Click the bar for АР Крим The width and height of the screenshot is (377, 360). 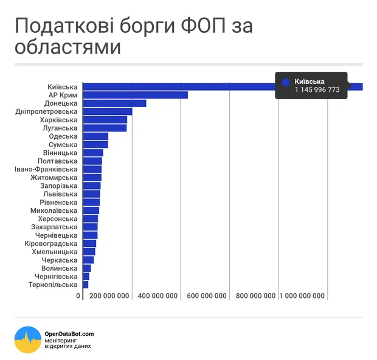pyautogui.click(x=135, y=95)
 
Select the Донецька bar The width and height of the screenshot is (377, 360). pyautogui.click(x=114, y=103)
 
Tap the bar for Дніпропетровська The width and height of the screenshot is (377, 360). pyautogui.click(x=107, y=111)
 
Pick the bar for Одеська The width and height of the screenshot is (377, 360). pyautogui.click(x=95, y=136)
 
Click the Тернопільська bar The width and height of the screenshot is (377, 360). pyautogui.click(x=85, y=285)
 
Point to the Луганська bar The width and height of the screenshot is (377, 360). pyautogui.click(x=105, y=128)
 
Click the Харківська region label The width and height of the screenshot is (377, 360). pyautogui.click(x=59, y=120)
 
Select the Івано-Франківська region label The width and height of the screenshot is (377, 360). pyautogui.click(x=46, y=169)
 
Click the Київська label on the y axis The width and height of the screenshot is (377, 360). pyautogui.click(x=61, y=87)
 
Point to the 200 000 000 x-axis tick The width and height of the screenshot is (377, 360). pyautogui.click(x=109, y=296)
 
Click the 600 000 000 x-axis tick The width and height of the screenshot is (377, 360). pyautogui.click(x=207, y=296)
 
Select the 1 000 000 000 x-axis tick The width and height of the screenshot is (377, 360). pyautogui.click(x=303, y=296)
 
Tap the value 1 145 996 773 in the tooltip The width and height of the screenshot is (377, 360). pyautogui.click(x=317, y=90)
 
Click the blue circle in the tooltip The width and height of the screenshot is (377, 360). pyautogui.click(x=286, y=81)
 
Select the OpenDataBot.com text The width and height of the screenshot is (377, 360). pyautogui.click(x=69, y=333)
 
